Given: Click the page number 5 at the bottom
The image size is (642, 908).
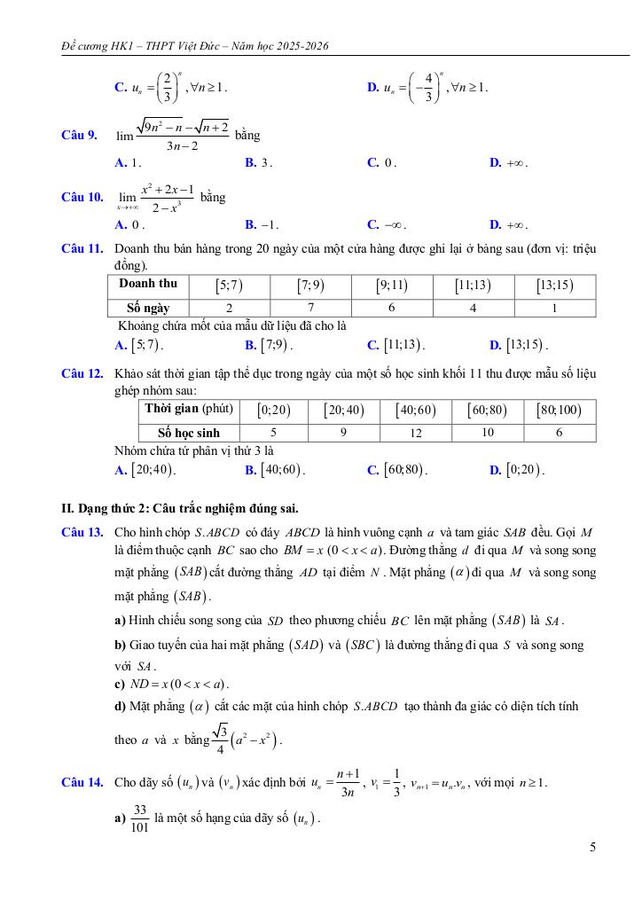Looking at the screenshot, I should tap(591, 847).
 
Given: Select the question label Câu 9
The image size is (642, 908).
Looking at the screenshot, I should tap(78, 136).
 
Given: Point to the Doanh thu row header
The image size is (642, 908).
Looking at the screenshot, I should tap(147, 285).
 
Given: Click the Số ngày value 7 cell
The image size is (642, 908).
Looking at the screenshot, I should tap(323, 308).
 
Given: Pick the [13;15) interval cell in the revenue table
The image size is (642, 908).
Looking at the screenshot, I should tap(554, 286).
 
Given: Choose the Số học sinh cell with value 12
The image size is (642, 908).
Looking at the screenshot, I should tap(415, 433).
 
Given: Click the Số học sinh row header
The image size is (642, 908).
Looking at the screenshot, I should tap(188, 433).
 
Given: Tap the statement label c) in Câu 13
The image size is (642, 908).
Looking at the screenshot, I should tap(121, 684).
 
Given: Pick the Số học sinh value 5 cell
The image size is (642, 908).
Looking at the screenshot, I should tap(273, 433).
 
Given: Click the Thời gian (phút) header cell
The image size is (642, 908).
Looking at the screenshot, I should tap(188, 409).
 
